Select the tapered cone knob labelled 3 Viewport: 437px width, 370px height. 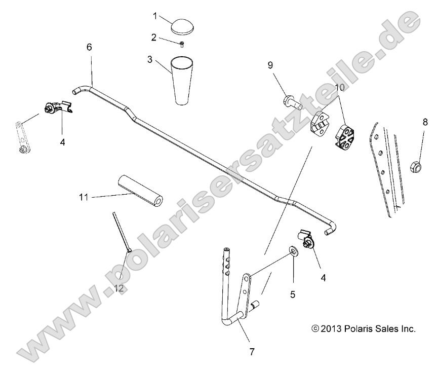click(183, 80)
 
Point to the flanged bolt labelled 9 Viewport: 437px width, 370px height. click(292, 101)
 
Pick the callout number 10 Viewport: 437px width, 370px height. click(339, 87)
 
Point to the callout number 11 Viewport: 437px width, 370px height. click(84, 196)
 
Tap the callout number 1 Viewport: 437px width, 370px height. click(155, 16)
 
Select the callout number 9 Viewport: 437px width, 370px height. click(270, 65)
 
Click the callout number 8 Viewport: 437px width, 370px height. click(425, 122)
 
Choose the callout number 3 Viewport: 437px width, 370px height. click(149, 59)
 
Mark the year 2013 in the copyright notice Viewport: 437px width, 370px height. click(331, 329)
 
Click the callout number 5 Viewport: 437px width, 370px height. click(293, 293)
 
